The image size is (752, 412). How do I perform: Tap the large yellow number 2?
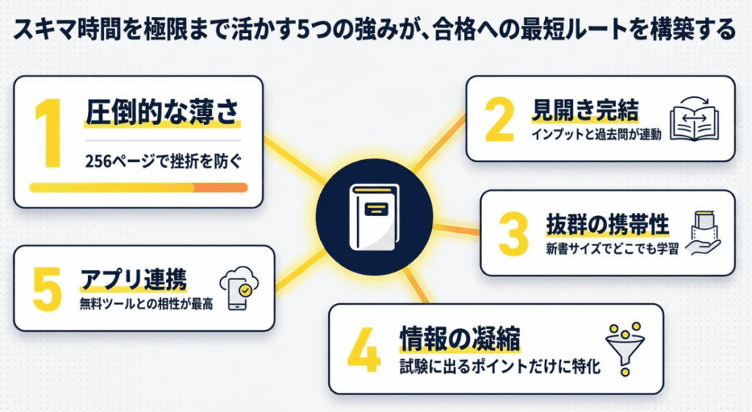click(x=500, y=120)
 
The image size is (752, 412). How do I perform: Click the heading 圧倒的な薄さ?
click(x=162, y=115)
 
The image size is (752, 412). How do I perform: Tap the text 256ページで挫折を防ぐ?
click(x=162, y=160)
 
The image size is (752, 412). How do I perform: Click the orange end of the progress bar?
click(x=221, y=188)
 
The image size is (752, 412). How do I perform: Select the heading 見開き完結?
click(x=585, y=111)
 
